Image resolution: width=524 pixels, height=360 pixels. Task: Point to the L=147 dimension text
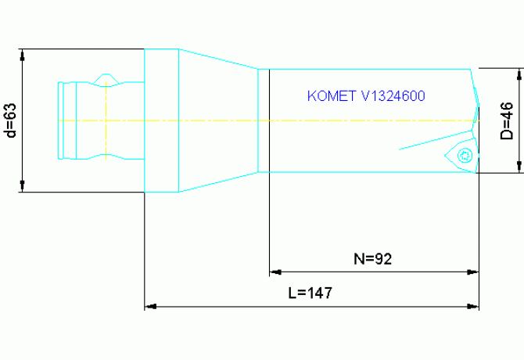310,294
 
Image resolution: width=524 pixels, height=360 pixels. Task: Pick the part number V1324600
393,96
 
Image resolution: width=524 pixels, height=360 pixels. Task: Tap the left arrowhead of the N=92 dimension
275,272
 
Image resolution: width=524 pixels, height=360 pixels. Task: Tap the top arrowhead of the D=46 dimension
520,74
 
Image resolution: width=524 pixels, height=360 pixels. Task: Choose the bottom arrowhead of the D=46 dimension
520,167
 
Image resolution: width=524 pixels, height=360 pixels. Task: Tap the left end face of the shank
59,121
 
